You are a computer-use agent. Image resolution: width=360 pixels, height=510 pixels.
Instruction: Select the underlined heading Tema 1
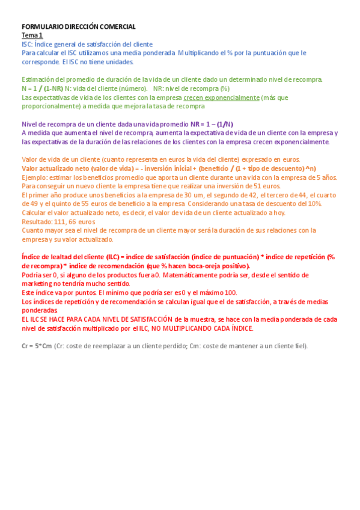32,35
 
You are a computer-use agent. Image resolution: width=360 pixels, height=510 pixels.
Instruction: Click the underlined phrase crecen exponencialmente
213,97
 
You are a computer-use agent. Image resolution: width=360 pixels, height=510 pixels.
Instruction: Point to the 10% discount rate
313,204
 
